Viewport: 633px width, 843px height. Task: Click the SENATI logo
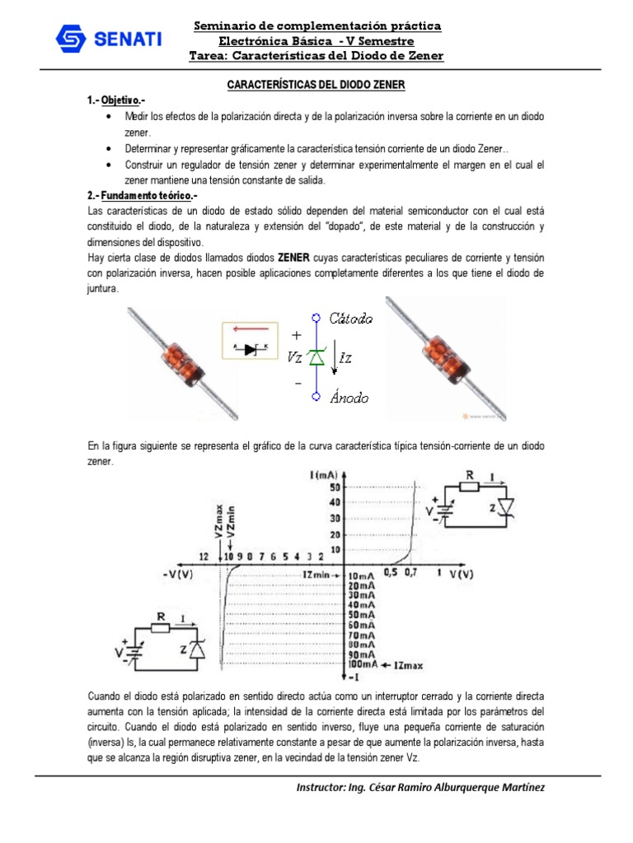[108, 39]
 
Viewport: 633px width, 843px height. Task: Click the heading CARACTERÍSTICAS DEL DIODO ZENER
[316, 86]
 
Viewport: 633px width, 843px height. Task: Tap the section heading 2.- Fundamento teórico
[142, 196]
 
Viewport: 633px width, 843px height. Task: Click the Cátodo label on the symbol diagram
[351, 318]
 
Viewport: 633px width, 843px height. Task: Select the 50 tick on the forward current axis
[335, 487]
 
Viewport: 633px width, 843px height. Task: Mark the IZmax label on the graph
[409, 664]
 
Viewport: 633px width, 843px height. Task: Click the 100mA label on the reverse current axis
[363, 664]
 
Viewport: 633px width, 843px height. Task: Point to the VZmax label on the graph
[218, 520]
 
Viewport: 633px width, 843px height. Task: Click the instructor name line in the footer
[420, 787]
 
